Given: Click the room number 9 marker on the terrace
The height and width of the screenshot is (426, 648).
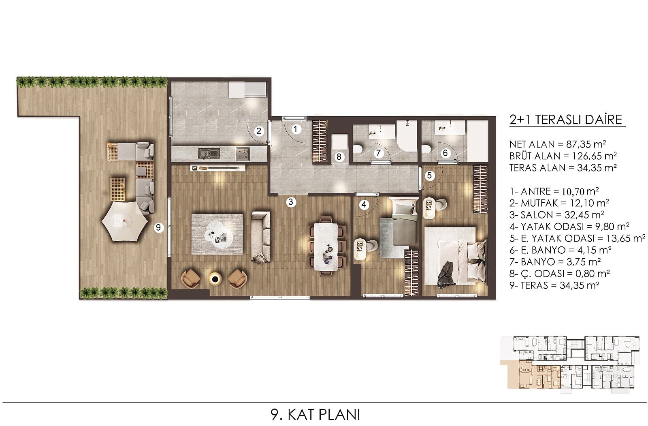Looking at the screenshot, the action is [158, 227].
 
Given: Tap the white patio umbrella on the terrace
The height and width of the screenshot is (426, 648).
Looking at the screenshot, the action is [125, 220].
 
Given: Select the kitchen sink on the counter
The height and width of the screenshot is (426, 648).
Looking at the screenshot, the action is [209, 153].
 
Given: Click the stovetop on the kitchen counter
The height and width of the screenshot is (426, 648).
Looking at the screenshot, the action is [243, 154].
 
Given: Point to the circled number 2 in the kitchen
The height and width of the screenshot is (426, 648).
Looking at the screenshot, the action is [259, 131].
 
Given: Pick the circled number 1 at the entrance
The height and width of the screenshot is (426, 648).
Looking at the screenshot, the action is [295, 129].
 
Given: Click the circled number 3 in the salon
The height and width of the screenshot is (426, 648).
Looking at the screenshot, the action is [291, 202].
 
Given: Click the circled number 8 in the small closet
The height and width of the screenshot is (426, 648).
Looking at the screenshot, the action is [339, 157].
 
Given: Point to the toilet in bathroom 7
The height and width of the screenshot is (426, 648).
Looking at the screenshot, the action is [358, 149].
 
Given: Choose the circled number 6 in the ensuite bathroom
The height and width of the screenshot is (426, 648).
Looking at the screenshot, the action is [445, 153].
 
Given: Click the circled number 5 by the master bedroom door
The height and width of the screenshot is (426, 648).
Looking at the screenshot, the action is [430, 175].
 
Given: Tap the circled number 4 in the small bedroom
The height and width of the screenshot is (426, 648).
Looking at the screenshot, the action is [364, 205].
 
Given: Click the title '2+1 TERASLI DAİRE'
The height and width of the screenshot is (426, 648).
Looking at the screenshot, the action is [566, 120].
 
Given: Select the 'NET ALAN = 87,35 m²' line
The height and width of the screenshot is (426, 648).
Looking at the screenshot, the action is [558, 144].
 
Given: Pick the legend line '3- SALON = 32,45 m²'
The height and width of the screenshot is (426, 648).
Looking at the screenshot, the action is [557, 214].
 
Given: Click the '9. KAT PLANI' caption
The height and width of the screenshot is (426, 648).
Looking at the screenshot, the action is [315, 415].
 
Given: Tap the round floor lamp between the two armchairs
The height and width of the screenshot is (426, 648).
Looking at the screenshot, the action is [215, 279].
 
